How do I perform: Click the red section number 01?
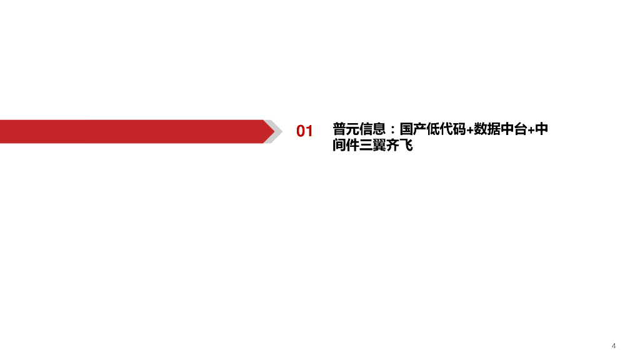point(304,131)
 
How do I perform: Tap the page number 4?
point(614,346)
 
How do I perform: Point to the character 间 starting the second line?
point(339,146)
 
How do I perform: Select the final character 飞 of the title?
point(407,146)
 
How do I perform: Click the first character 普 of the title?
point(339,129)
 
